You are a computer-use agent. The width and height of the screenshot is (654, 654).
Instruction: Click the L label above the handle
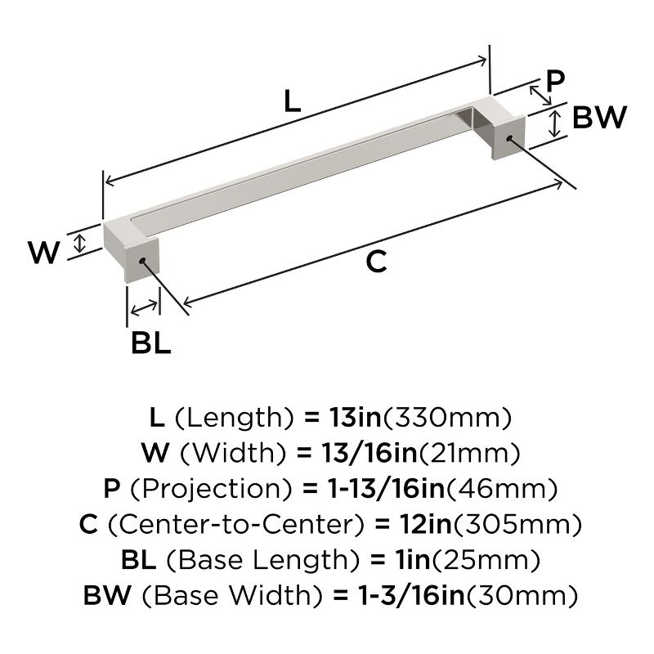point(292,101)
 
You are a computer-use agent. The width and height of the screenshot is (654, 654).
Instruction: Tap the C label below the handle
point(375,262)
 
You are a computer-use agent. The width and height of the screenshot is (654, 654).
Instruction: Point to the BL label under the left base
point(150,342)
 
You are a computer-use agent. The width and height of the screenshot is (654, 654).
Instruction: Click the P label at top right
point(555,81)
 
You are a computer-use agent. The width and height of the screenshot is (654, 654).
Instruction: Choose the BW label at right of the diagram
point(598,119)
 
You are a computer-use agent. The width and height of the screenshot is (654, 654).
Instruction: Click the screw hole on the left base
point(142,261)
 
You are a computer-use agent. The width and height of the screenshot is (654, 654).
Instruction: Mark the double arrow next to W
point(79,242)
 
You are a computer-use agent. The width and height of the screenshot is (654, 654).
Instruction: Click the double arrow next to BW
point(555,123)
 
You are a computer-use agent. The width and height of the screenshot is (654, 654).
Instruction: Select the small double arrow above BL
point(145,308)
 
